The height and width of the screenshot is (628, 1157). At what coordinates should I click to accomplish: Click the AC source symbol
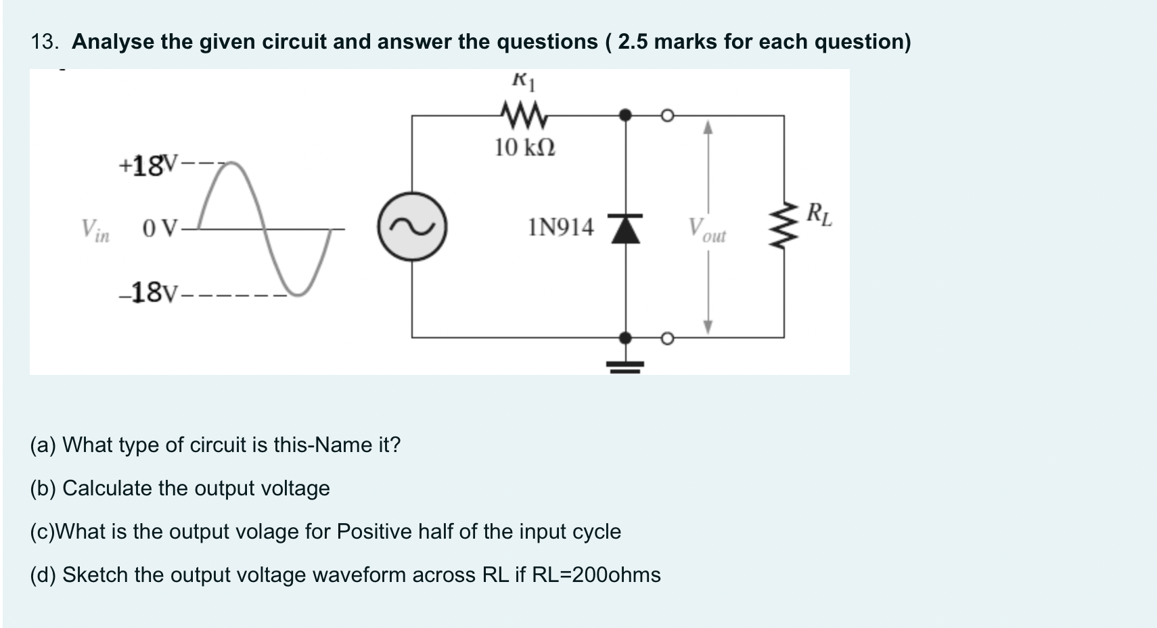pyautogui.click(x=412, y=227)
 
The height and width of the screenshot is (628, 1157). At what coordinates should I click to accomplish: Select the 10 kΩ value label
pyautogui.click(x=524, y=147)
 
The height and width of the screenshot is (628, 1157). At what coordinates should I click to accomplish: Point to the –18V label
pyautogui.click(x=148, y=293)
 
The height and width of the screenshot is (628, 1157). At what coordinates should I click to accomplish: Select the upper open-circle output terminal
pyautogui.click(x=667, y=116)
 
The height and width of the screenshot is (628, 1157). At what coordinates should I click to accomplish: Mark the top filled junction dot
pyautogui.click(x=626, y=116)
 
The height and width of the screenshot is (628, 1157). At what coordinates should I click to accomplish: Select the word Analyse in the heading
pyautogui.click(x=112, y=42)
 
